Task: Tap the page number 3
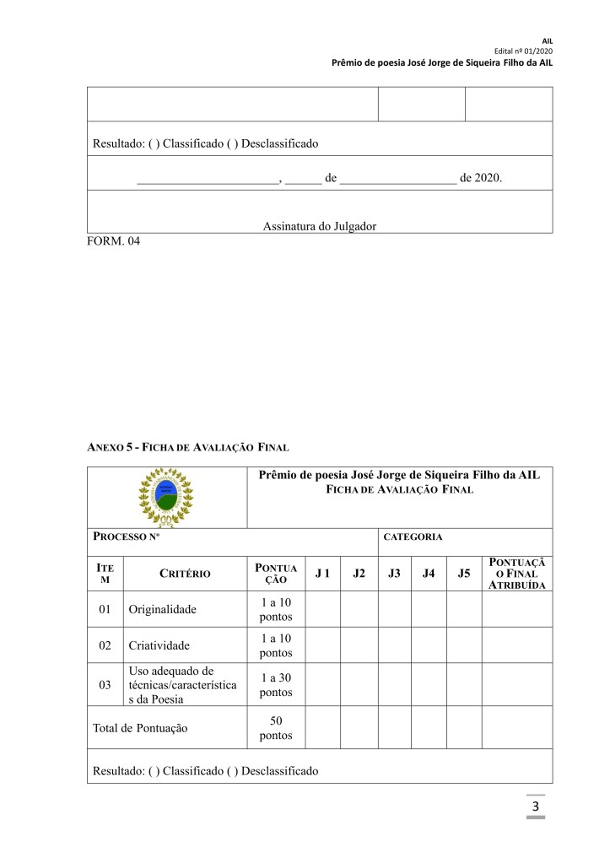click(535, 808)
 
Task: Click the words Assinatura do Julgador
click(319, 226)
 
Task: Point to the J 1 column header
click(322, 574)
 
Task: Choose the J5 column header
click(464, 574)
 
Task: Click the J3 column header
click(394, 574)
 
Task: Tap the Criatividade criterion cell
click(159, 645)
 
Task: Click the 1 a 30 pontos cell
click(276, 684)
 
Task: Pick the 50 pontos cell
click(276, 727)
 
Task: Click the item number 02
click(105, 645)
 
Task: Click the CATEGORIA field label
click(413, 537)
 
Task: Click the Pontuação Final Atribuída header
click(516, 574)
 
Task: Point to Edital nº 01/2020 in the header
click(530, 51)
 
